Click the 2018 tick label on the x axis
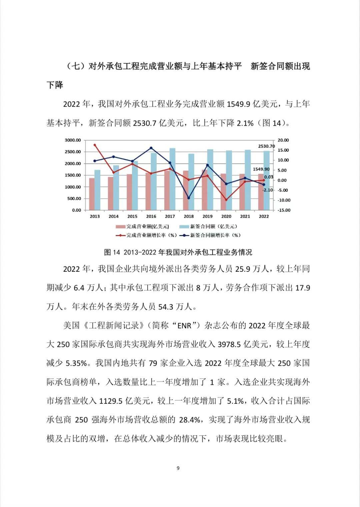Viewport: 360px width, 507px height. (188, 216)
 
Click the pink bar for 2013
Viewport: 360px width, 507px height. (92, 194)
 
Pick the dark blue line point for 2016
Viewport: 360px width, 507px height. (151, 148)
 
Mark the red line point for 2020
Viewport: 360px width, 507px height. (226, 200)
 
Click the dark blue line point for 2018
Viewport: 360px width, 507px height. (189, 198)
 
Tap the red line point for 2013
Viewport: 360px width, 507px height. (95, 145)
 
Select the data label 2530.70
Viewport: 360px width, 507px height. (267, 146)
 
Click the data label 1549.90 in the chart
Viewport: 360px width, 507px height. (261, 169)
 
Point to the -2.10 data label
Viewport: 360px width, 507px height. (268, 190)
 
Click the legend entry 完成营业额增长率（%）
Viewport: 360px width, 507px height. (146, 235)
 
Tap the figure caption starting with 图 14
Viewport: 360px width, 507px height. (178, 252)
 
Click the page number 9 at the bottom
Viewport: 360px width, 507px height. (178, 468)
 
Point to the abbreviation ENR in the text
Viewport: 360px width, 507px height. (184, 326)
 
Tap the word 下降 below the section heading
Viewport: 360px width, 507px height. (55, 85)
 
